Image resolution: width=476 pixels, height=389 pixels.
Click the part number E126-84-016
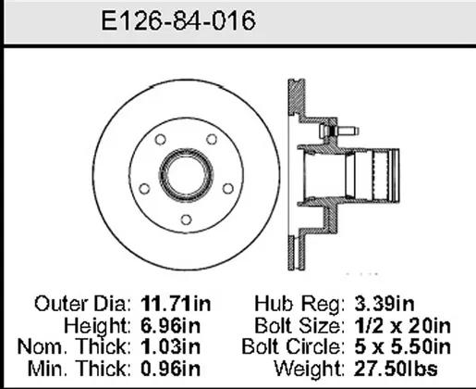coord(178,20)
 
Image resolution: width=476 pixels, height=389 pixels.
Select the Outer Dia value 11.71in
coord(176,304)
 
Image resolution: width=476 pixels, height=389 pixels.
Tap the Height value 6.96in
coord(170,326)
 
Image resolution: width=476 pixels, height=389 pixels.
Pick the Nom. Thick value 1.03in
coord(170,346)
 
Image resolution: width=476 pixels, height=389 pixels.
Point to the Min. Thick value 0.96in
coord(170,369)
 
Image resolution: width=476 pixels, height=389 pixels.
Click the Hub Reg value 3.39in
coord(384,304)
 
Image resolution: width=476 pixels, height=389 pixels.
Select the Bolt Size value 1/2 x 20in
coord(402,326)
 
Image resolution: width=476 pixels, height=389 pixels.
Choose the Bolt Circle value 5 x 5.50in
coord(402,346)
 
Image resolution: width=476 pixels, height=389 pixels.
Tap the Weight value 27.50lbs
coord(396,369)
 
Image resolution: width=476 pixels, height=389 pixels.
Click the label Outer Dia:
coord(82,304)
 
